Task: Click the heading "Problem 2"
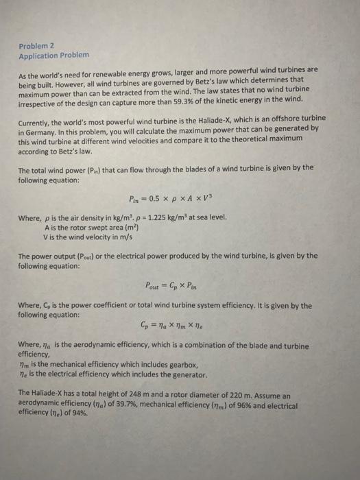click(x=35, y=46)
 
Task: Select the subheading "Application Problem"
click(x=53, y=55)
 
